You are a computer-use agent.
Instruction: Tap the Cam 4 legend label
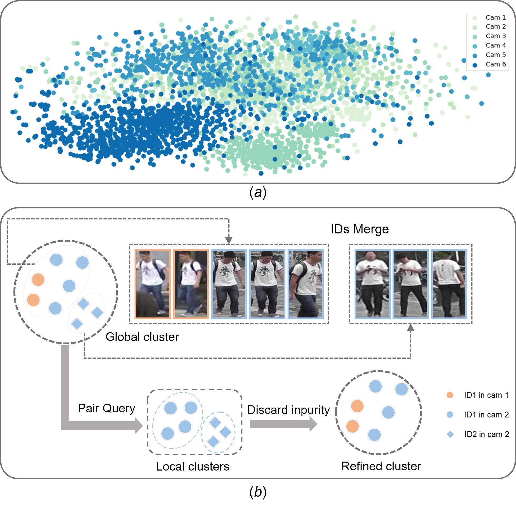(496, 45)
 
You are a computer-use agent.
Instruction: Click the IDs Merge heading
(360, 229)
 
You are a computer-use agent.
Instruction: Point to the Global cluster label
(142, 337)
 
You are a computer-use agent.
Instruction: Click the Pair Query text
(106, 408)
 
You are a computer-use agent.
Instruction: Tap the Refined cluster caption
(381, 466)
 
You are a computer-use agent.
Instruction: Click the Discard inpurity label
(288, 410)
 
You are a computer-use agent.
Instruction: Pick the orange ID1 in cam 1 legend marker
(450, 395)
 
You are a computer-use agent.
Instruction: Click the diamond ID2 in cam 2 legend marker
(450, 434)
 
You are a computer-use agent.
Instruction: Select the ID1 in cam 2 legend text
(486, 415)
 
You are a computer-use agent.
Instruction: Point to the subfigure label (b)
(258, 492)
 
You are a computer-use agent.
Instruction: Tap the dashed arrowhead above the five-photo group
(229, 241)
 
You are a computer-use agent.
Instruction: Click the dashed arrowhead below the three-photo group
(410, 327)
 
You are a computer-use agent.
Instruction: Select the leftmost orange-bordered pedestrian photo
(152, 284)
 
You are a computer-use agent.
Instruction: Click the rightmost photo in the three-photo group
(449, 284)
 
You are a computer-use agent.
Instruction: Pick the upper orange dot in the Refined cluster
(357, 406)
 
